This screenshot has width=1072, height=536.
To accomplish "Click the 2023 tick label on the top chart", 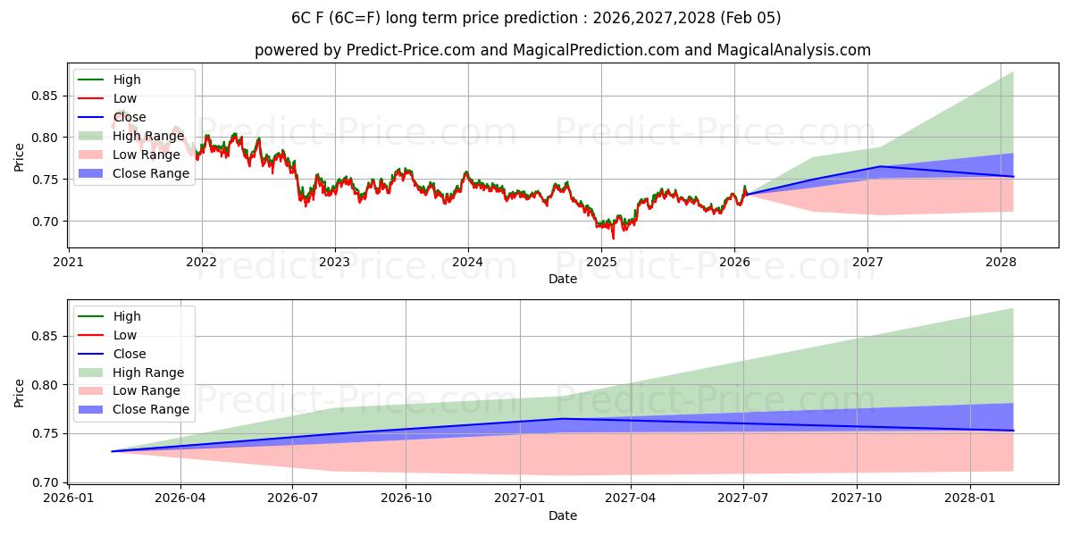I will pyautogui.click(x=335, y=262).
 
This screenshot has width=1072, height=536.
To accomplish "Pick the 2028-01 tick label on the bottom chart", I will pyautogui.click(x=970, y=498).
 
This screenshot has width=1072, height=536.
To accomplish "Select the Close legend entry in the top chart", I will pyautogui.click(x=129, y=117).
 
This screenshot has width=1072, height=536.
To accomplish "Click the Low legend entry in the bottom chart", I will pyautogui.click(x=124, y=335).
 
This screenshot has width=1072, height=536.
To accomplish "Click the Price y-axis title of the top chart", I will pyautogui.click(x=19, y=156).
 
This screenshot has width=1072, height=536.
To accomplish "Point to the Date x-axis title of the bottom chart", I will pyautogui.click(x=562, y=515).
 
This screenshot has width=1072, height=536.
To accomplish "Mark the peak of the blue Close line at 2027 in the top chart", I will pyautogui.click(x=880, y=166).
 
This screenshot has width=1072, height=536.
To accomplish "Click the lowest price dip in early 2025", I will pyautogui.click(x=613, y=238).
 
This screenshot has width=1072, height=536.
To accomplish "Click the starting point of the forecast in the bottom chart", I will pyautogui.click(x=113, y=451).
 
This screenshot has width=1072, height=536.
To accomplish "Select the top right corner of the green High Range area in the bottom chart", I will pyautogui.click(x=1013, y=308).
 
